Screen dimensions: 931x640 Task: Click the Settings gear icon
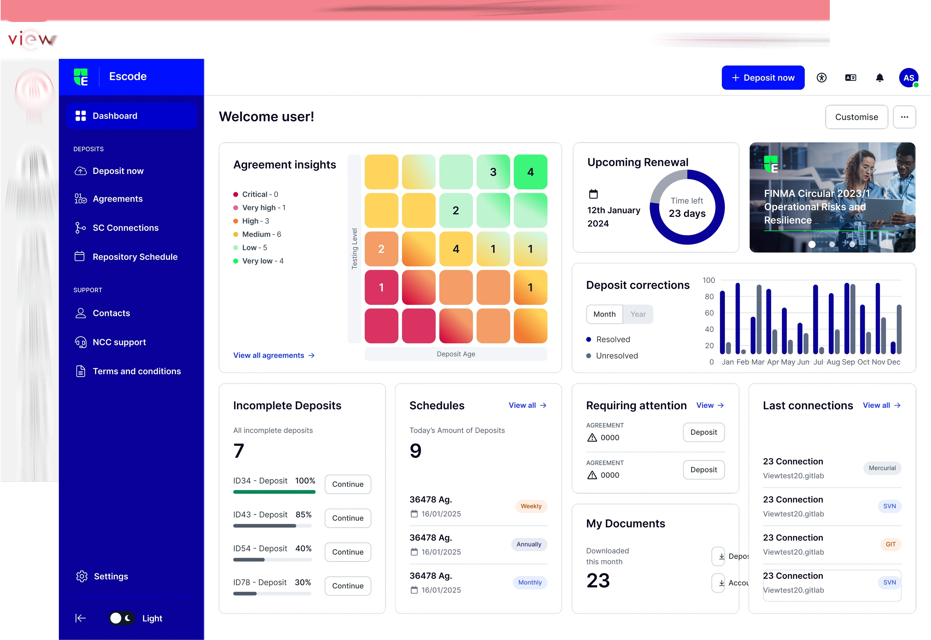pyautogui.click(x=82, y=576)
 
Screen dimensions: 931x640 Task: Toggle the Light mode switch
pyautogui.click(x=122, y=618)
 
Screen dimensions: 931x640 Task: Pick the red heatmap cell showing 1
pyautogui.click(x=381, y=287)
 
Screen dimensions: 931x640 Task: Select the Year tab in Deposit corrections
pyautogui.click(x=638, y=314)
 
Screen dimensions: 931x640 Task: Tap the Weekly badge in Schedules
pyautogui.click(x=531, y=506)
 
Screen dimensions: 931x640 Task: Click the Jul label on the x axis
pyautogui.click(x=818, y=362)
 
